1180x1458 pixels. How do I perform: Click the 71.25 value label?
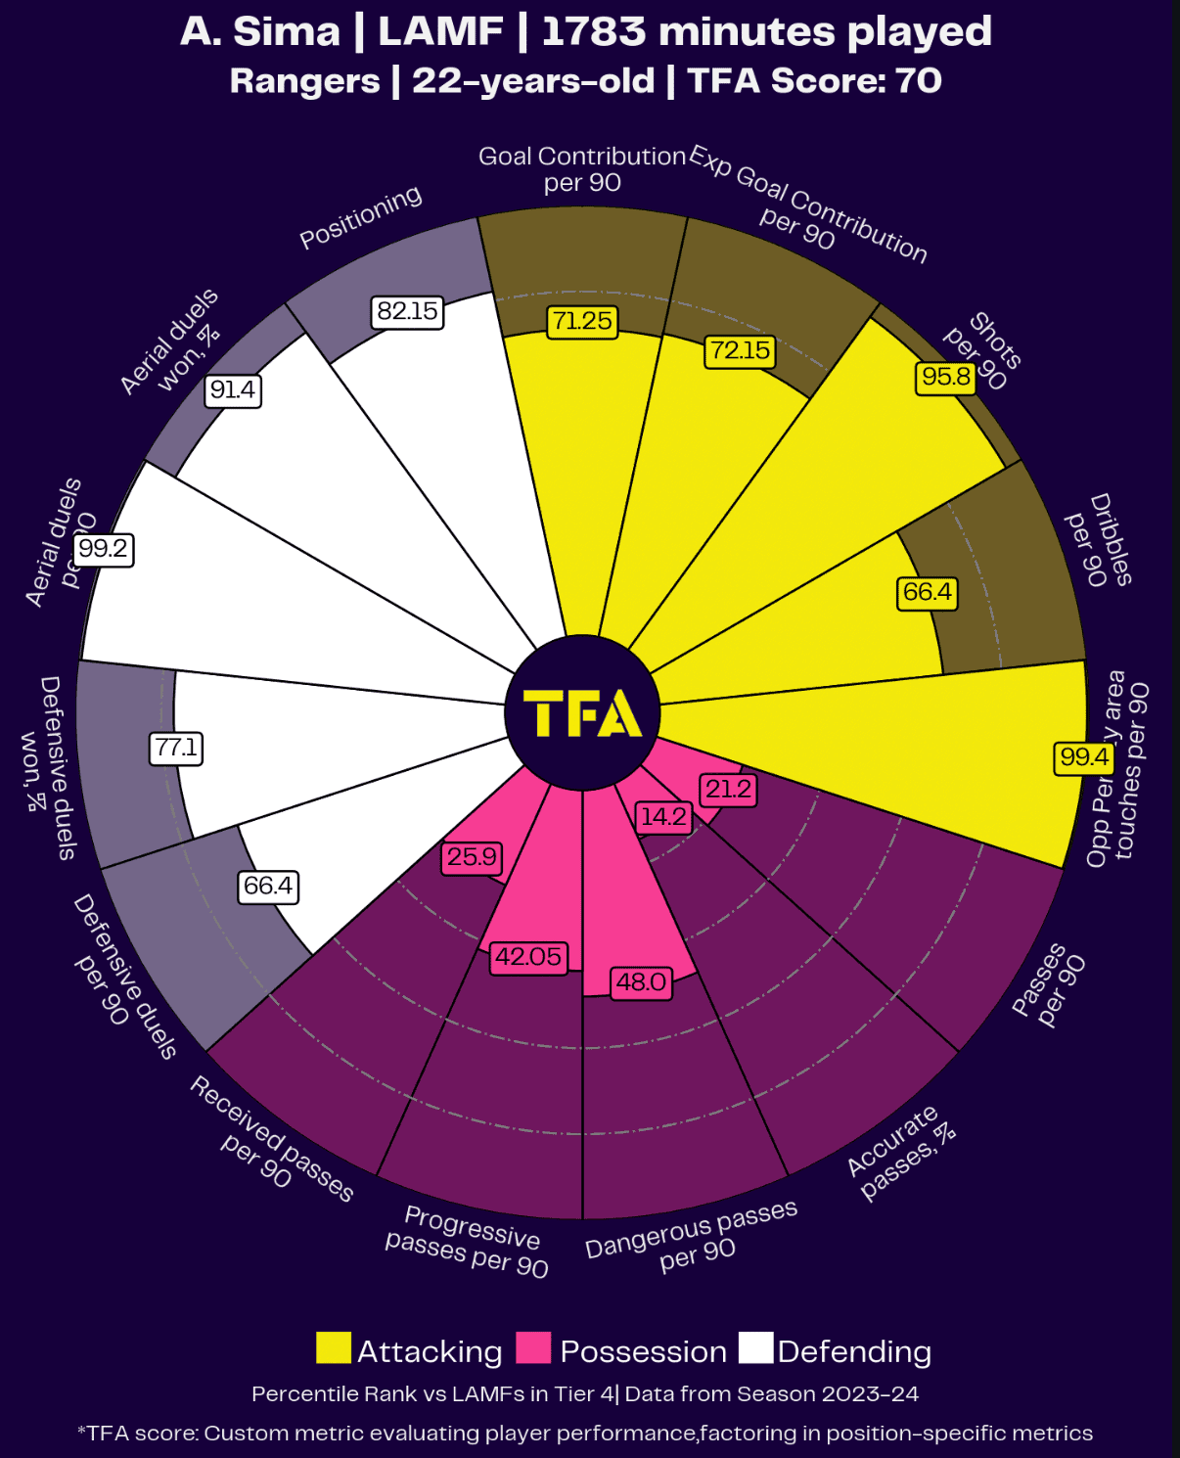tap(582, 321)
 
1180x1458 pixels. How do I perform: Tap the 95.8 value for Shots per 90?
tap(946, 377)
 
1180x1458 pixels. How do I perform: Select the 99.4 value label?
tap(1084, 756)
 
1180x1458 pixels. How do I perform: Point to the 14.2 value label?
tap(663, 817)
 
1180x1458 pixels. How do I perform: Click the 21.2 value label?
tap(728, 789)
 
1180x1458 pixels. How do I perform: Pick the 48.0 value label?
tap(641, 981)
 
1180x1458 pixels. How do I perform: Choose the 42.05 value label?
tap(528, 956)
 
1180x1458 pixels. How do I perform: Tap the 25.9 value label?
tap(472, 857)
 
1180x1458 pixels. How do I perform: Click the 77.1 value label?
tap(176, 749)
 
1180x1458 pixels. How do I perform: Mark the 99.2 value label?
tap(104, 548)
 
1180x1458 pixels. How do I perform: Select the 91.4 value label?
tap(233, 390)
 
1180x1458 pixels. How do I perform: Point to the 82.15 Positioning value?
tap(408, 311)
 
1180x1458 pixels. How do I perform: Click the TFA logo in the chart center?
tap(582, 712)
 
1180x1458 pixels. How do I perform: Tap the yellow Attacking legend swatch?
tap(334, 1347)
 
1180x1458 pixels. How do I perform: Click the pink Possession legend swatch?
tap(534, 1347)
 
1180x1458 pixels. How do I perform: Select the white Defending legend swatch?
tap(755, 1347)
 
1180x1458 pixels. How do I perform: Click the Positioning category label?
tap(361, 217)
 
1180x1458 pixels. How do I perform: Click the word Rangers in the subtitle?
tap(304, 80)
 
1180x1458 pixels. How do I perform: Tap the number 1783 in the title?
tap(593, 31)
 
